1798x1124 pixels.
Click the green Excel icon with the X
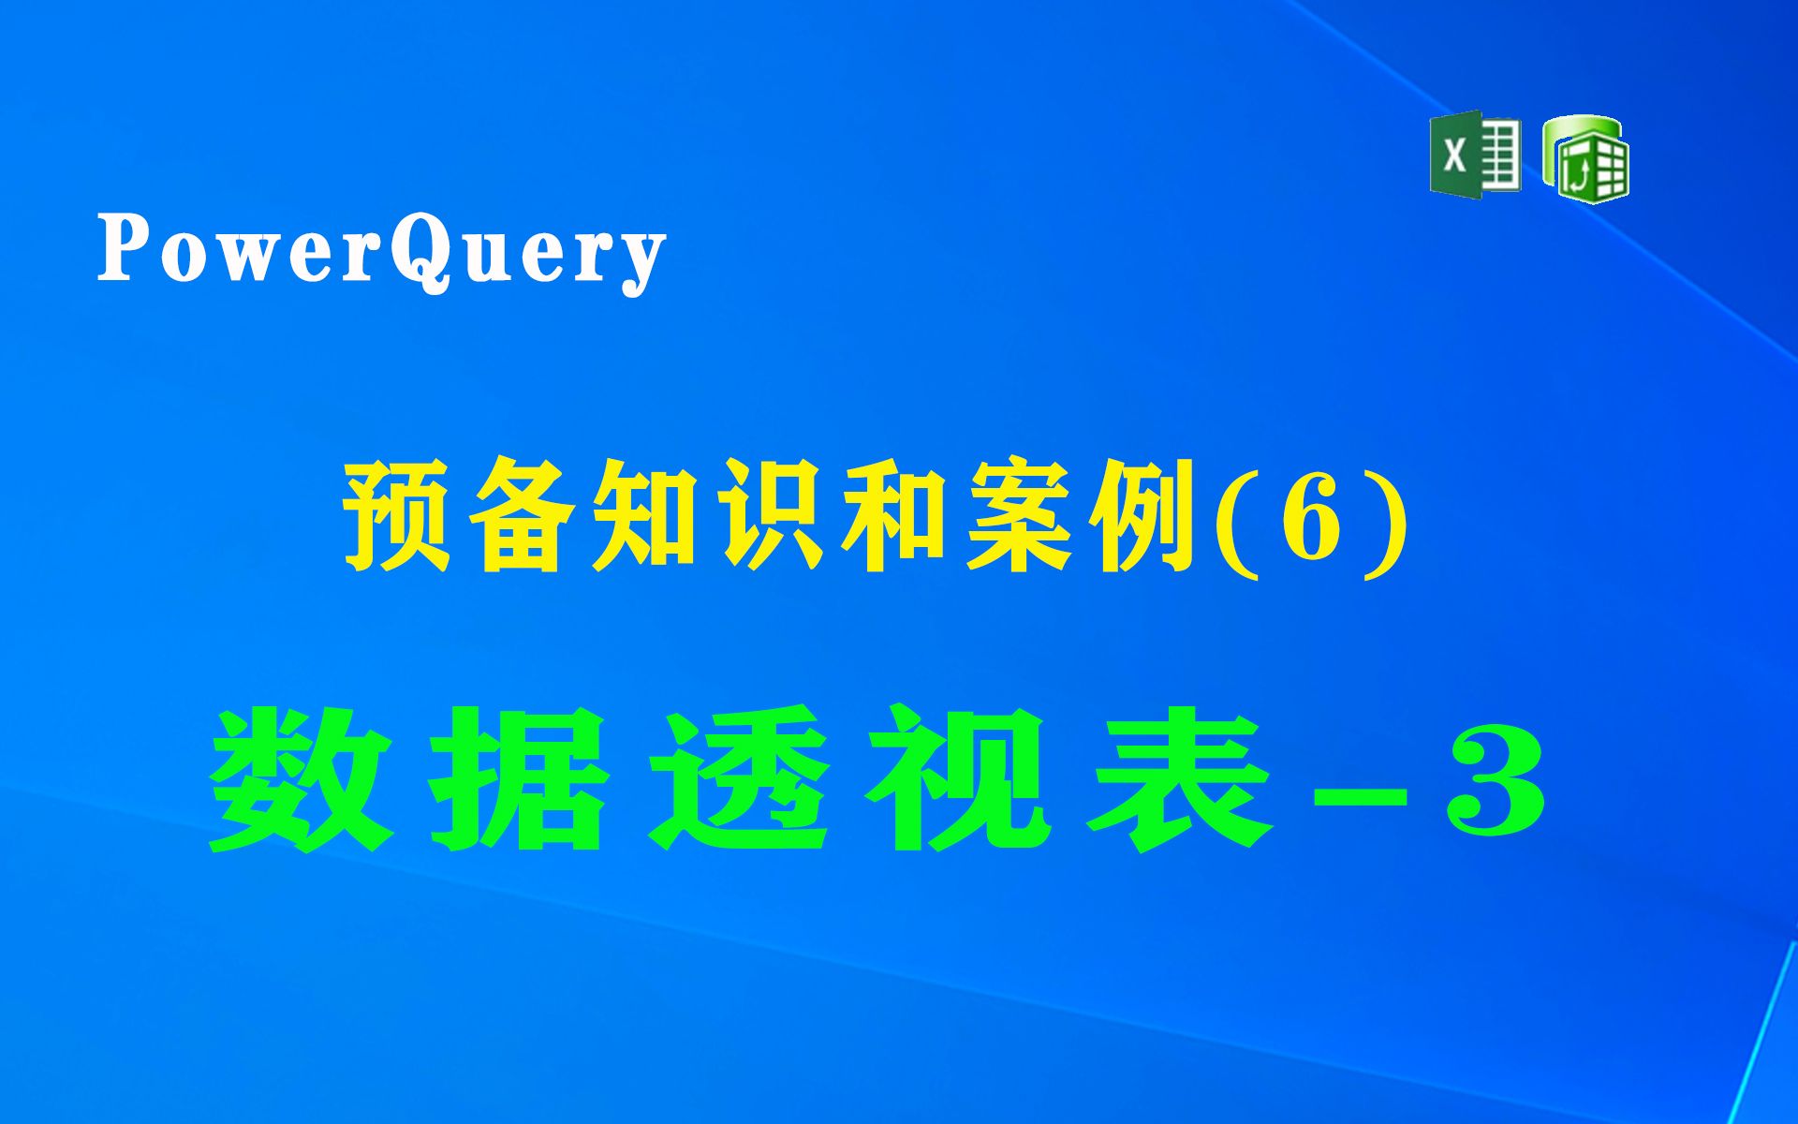coord(1474,155)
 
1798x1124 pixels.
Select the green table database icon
coord(1585,158)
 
